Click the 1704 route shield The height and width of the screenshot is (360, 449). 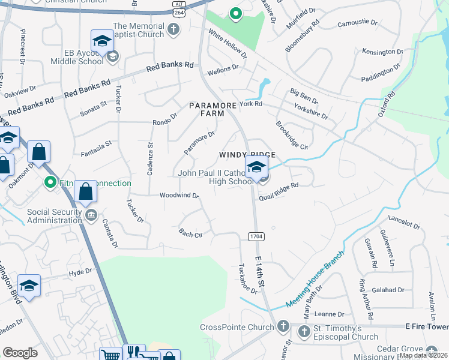256,236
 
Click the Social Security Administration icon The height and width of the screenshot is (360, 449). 91,215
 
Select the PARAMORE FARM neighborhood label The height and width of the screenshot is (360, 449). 206,109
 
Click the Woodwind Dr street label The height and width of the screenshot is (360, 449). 179,196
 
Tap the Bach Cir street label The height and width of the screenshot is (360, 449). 190,233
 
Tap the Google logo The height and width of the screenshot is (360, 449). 20,353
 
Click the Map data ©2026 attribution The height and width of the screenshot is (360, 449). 423,356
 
